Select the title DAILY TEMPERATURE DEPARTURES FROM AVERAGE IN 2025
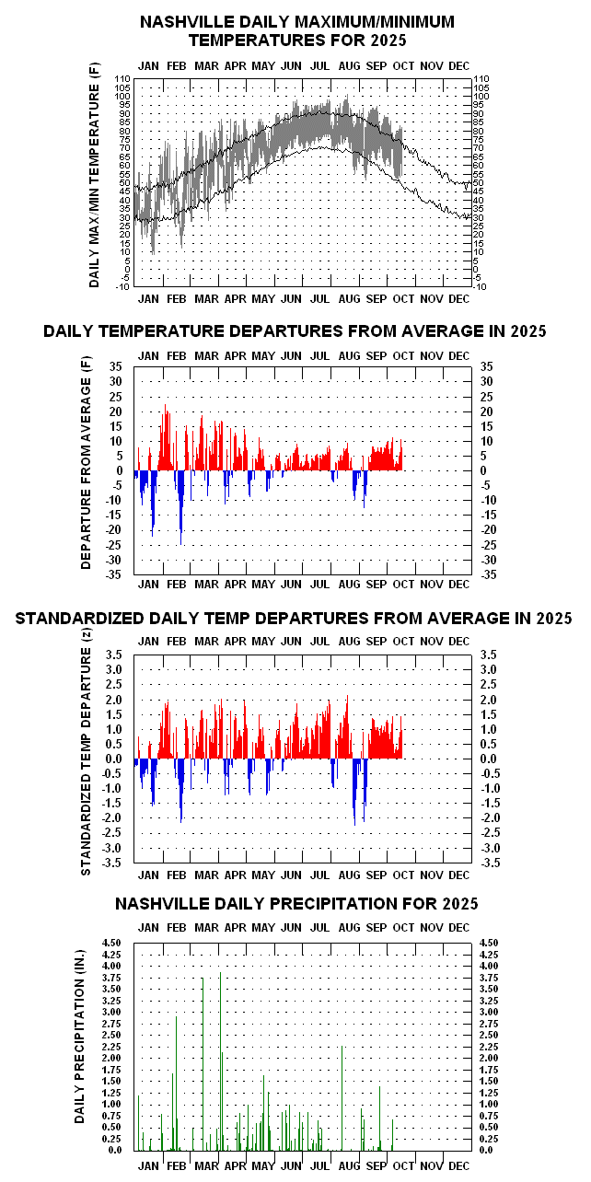coord(295,331)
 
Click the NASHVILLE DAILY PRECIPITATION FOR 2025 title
coord(296,904)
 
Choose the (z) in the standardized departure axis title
coord(87,655)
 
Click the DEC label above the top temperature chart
coord(458,65)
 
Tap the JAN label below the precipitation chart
coord(148,1165)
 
